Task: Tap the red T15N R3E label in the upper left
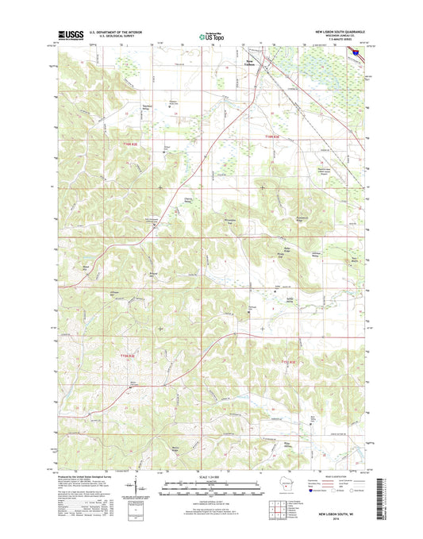point(137,144)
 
